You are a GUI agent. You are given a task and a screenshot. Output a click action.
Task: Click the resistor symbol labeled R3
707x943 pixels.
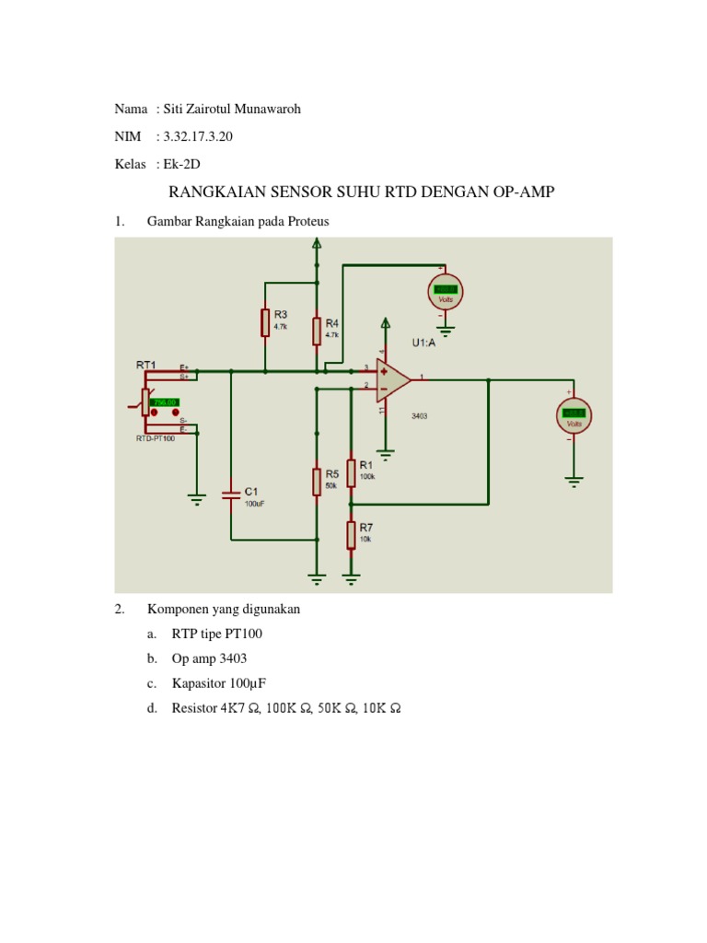265,322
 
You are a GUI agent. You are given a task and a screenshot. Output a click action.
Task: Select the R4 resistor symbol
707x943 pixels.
317,330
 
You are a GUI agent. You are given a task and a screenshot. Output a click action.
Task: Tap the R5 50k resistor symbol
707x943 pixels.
317,481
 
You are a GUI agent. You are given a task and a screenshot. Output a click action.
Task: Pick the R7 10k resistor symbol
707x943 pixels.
351,533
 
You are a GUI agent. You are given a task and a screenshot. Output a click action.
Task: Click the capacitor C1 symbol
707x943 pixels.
231,496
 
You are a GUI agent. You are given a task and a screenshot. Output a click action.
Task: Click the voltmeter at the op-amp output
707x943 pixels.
574,414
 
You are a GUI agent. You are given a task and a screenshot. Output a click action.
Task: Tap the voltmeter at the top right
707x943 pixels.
445,292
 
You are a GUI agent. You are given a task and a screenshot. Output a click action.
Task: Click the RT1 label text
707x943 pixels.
146,365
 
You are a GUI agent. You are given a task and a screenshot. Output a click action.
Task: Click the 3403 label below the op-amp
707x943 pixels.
420,416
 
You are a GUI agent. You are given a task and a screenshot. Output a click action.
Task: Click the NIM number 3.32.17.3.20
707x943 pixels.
195,137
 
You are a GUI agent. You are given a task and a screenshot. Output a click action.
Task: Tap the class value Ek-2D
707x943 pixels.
181,164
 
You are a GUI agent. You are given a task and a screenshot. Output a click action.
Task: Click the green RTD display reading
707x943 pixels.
165,402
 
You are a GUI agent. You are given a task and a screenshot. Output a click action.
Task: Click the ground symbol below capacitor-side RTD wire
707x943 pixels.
196,498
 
